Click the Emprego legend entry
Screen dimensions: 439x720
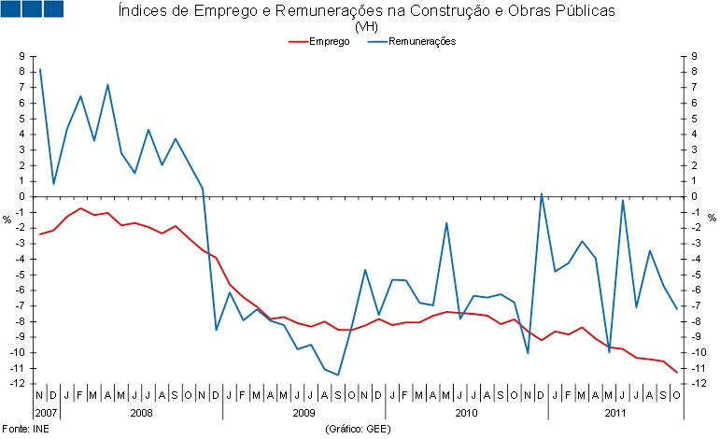[330, 43]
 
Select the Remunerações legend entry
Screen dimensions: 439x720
[423, 43]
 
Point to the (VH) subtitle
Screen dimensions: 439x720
[367, 27]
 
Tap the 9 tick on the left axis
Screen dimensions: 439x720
[20, 57]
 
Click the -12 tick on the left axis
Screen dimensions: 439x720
[17, 384]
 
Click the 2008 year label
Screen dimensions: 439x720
[142, 412]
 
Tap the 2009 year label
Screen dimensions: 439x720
[304, 412]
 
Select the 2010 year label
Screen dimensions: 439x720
[467, 412]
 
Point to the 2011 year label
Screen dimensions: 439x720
[614, 412]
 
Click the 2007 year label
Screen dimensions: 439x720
[46, 412]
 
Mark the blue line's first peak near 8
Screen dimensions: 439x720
[39, 69]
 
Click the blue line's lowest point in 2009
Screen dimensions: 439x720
[337, 375]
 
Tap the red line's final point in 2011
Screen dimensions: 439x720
[676, 372]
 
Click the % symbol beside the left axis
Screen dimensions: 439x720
[7, 219]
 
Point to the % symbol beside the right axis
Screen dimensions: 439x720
[712, 219]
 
